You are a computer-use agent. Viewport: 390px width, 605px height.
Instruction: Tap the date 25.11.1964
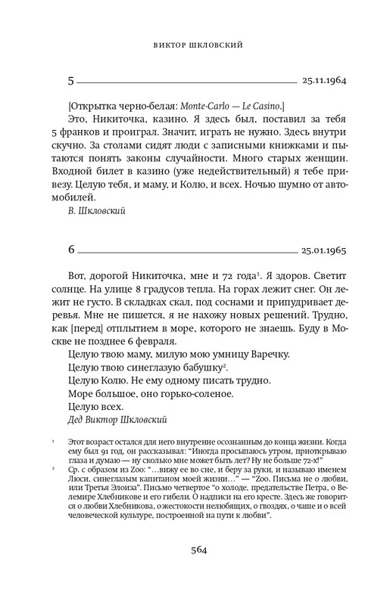324,78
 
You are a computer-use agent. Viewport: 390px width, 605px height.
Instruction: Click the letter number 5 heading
70,78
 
